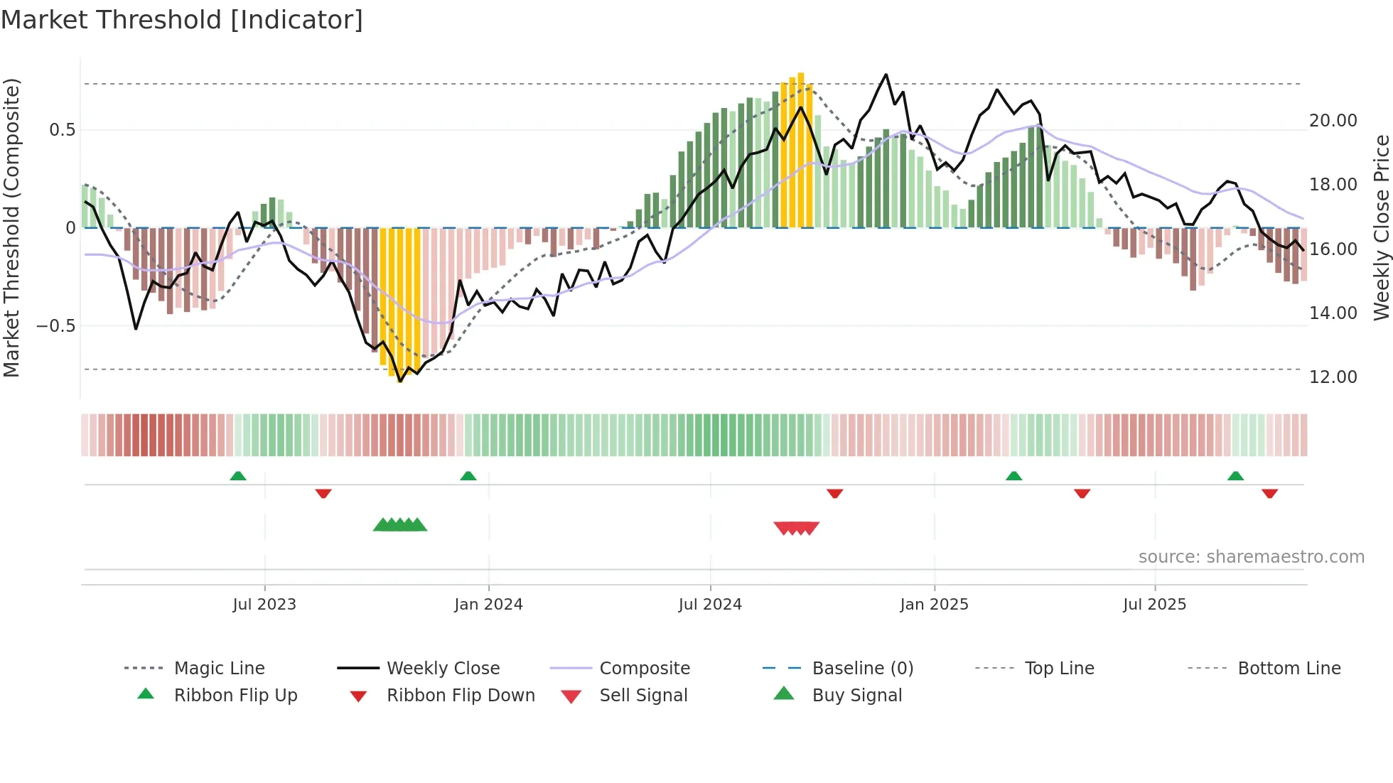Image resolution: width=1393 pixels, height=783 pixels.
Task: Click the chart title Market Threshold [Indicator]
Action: tap(182, 20)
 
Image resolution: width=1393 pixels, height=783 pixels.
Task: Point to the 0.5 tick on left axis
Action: tap(62, 130)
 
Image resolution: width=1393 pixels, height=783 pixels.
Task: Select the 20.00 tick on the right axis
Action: tap(1333, 121)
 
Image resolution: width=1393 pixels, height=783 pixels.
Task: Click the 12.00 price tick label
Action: tap(1333, 377)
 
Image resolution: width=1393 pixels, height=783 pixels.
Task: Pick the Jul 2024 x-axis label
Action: tap(709, 605)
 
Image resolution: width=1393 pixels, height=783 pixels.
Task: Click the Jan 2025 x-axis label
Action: tap(933, 605)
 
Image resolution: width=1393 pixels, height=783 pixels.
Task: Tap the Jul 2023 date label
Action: tap(264, 605)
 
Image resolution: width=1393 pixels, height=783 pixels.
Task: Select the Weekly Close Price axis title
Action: tap(1380, 227)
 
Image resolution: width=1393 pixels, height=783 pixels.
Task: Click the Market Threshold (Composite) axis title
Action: tap(11, 227)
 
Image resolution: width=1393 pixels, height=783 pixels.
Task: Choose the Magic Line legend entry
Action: tap(219, 669)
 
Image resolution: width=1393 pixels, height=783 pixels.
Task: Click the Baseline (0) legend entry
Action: tap(862, 669)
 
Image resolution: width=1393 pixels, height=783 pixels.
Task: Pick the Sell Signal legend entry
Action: tap(643, 696)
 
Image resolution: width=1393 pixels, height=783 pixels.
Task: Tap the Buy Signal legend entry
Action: tap(856, 696)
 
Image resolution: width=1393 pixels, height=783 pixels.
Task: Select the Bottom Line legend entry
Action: tap(1289, 669)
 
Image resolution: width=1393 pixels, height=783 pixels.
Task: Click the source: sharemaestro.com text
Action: tap(1251, 557)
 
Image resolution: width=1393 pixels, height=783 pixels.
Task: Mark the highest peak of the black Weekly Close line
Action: tap(886, 75)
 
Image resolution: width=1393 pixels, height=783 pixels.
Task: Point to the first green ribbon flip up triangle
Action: tap(238, 476)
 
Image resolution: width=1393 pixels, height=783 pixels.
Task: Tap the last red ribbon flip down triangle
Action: tap(1269, 493)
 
